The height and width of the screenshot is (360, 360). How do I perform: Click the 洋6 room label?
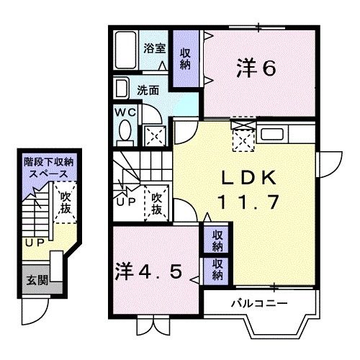(256, 68)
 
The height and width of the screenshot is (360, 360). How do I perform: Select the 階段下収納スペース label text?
(46, 168)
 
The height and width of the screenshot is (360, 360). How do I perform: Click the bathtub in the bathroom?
(125, 50)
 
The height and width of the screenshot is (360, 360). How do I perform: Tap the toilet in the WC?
(124, 132)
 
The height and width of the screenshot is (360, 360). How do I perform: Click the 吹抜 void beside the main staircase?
(157, 204)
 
